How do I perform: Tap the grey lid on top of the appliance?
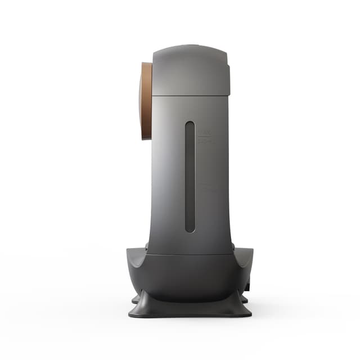click(x=190, y=70)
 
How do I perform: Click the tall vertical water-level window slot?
click(x=190, y=177)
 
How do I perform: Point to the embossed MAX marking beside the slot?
click(x=204, y=133)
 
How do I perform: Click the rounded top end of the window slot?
click(x=190, y=125)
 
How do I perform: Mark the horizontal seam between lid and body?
click(x=190, y=94)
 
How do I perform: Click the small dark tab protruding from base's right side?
click(x=247, y=287)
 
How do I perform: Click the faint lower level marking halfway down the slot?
click(x=205, y=188)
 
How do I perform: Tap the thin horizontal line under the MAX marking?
click(x=204, y=137)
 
